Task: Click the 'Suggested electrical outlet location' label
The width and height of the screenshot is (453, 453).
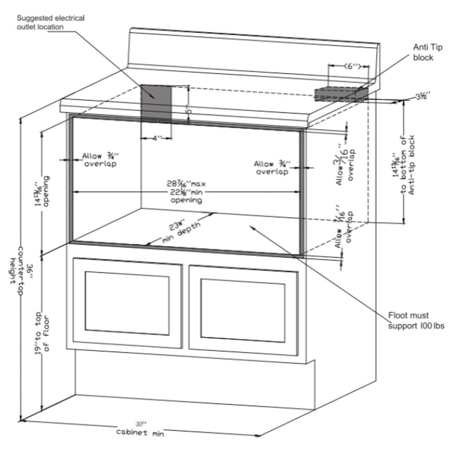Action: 51,22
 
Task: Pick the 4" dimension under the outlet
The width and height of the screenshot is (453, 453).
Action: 157,138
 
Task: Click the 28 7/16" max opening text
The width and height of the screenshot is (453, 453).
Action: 186,184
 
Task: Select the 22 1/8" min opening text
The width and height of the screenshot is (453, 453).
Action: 186,192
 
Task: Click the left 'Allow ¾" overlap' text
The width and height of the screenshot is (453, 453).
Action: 99,160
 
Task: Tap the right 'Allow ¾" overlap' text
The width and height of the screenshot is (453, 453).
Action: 271,168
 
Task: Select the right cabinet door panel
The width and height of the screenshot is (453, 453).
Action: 243,309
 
